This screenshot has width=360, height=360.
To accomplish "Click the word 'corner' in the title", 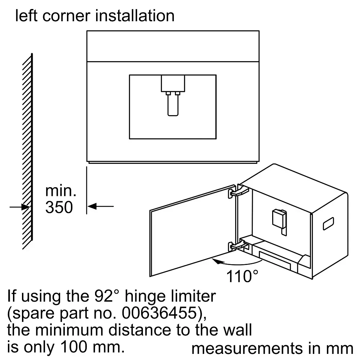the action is (66, 16).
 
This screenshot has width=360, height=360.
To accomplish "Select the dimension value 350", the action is (59, 207).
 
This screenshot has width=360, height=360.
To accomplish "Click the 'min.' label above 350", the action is (60, 191).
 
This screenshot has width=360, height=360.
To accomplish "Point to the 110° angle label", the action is (242, 276).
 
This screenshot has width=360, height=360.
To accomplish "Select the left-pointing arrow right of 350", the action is (100, 206).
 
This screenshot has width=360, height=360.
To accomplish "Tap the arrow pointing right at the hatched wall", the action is (19, 207).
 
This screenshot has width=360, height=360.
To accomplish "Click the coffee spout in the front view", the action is (173, 95).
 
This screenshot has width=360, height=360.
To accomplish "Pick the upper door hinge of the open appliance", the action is (239, 192).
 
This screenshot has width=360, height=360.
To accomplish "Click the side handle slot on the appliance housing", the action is (328, 224).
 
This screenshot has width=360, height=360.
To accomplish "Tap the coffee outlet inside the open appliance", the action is (279, 221).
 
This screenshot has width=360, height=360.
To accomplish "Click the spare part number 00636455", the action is (159, 313).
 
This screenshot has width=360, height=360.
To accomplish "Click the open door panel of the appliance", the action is (193, 231).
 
